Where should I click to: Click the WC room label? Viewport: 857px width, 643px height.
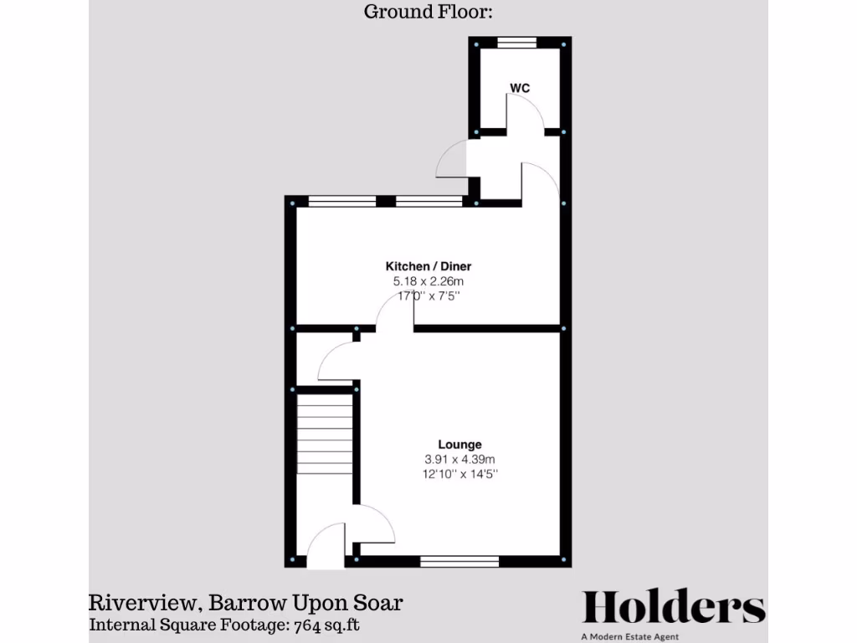(x=520, y=88)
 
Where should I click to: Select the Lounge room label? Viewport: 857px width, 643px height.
(x=459, y=444)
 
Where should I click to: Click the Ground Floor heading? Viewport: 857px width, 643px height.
(x=428, y=12)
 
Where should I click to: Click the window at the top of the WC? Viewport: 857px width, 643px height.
(x=517, y=42)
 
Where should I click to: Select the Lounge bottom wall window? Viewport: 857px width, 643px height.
(x=459, y=562)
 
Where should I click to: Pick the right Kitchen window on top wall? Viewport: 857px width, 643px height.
(x=428, y=201)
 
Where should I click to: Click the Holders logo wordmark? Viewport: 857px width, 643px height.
(x=673, y=607)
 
